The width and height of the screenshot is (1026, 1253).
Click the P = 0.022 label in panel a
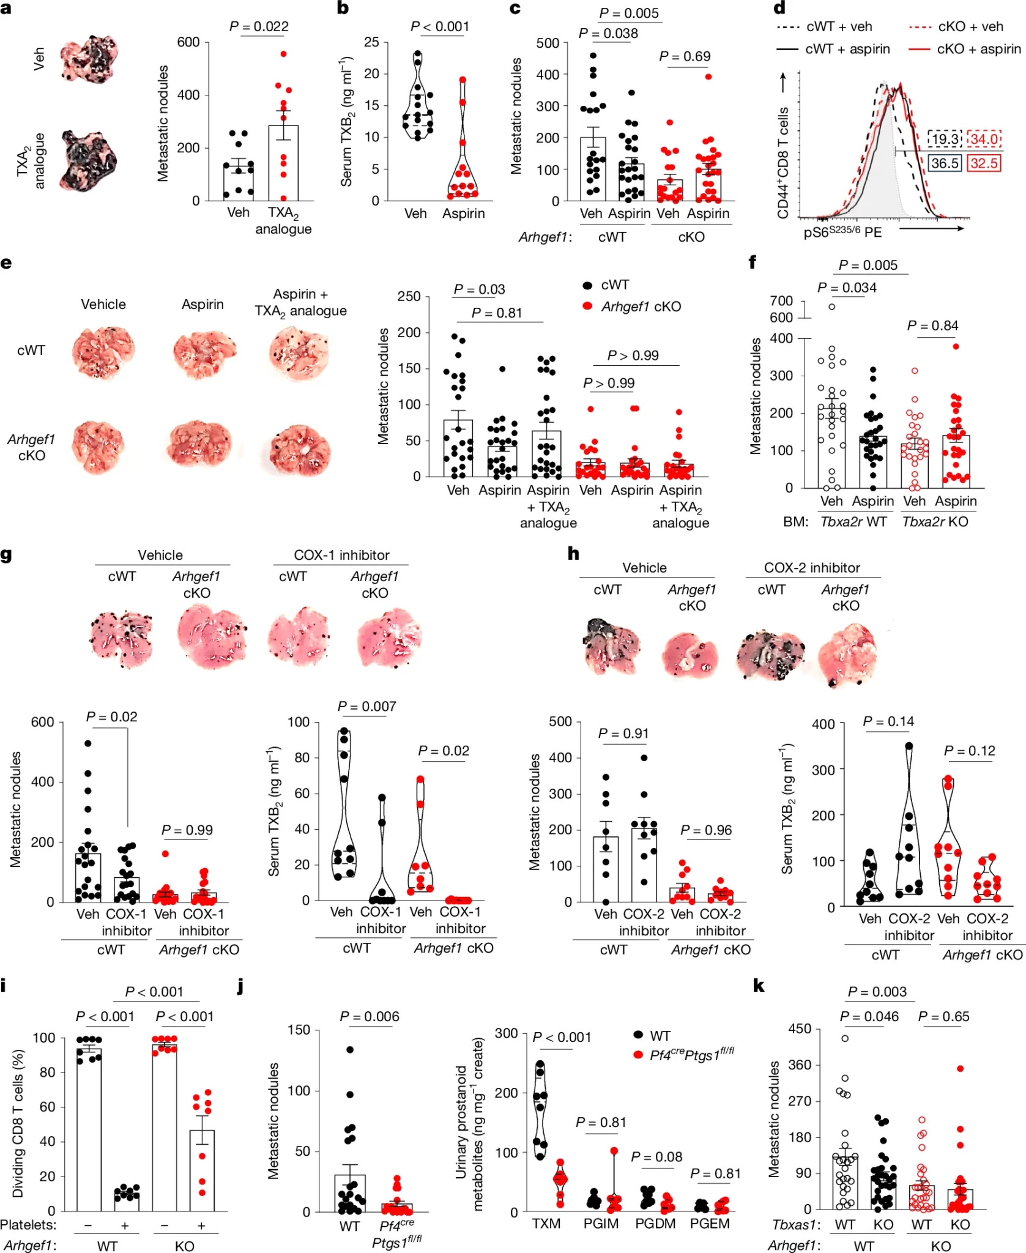pyautogui.click(x=259, y=26)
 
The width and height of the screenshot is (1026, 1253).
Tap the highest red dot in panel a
pyautogui.click(x=283, y=54)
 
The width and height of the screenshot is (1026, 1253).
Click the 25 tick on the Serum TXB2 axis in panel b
pyautogui.click(x=371, y=42)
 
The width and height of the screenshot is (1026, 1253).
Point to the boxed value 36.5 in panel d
pyautogui.click(x=945, y=163)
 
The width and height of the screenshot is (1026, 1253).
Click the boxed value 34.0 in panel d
pyautogui.click(x=984, y=139)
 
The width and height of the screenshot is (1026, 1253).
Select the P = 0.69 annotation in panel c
pyautogui.click(x=685, y=56)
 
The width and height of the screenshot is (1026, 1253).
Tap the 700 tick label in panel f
pyautogui.click(x=781, y=300)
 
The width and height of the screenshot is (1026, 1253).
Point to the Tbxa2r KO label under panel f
pyautogui.click(x=935, y=521)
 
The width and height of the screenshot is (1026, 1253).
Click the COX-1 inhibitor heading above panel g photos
pyautogui.click(x=341, y=555)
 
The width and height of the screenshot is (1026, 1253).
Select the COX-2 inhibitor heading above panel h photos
pyautogui.click(x=812, y=567)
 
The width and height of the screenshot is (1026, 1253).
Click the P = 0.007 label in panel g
pyautogui.click(x=366, y=706)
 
